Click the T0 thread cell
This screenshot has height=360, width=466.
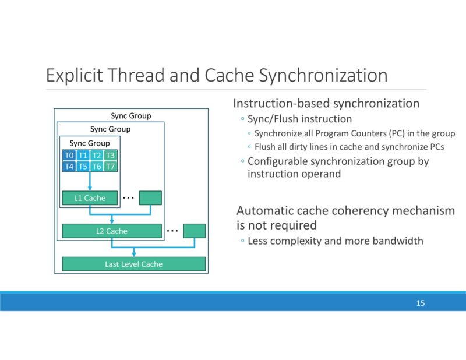(69, 156)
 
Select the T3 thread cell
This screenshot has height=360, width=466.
(111, 156)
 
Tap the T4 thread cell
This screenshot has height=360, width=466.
(69, 166)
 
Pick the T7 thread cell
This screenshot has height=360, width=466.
(111, 166)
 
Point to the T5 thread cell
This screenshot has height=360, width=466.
(83, 166)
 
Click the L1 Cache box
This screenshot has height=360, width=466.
(90, 198)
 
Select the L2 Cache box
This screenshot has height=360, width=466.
(112, 231)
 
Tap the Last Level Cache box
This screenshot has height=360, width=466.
(134, 264)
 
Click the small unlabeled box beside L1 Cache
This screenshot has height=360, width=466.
(150, 198)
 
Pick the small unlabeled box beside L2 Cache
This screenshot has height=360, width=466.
(195, 231)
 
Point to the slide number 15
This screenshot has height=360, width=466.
(421, 303)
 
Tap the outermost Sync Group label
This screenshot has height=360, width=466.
(131, 116)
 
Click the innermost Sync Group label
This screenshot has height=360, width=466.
(90, 143)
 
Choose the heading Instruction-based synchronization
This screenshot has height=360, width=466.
(326, 104)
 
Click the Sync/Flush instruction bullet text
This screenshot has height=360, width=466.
(299, 119)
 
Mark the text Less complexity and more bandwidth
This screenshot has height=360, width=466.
(335, 241)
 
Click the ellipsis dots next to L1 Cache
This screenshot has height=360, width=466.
(129, 198)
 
